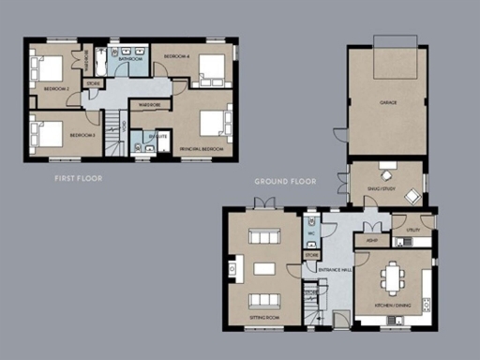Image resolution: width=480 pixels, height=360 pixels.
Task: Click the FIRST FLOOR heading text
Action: click(79, 177)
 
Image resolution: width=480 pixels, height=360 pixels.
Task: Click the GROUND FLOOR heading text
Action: click(285, 181)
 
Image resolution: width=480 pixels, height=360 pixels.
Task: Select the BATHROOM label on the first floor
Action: click(131, 59)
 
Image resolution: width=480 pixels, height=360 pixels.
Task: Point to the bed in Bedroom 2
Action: click(48, 69)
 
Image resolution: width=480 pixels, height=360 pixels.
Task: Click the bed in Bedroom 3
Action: click(48, 132)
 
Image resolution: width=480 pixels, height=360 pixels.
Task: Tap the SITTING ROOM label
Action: click(263, 319)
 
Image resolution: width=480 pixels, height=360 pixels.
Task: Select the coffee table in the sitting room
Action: click(263, 269)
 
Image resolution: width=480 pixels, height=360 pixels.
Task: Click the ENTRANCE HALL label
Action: click(335, 270)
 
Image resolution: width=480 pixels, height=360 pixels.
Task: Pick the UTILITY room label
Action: click(412, 230)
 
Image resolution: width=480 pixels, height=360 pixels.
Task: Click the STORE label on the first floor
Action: click(94, 84)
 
